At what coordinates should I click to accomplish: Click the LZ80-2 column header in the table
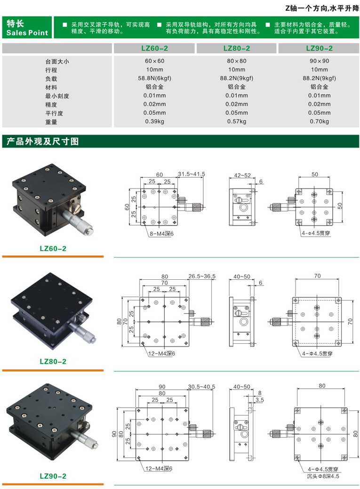(236, 48)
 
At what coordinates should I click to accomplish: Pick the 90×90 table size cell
(319, 61)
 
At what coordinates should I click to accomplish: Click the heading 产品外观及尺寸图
(41, 142)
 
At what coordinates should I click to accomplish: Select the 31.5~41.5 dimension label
(192, 174)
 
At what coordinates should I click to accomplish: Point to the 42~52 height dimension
(240, 175)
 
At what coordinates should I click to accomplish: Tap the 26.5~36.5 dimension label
(202, 276)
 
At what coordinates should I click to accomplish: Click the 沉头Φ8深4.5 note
(320, 477)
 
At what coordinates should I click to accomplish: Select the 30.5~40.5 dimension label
(201, 386)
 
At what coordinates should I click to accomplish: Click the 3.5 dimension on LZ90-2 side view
(259, 400)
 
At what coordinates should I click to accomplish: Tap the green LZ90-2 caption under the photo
(53, 476)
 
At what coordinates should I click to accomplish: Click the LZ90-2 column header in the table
(319, 48)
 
